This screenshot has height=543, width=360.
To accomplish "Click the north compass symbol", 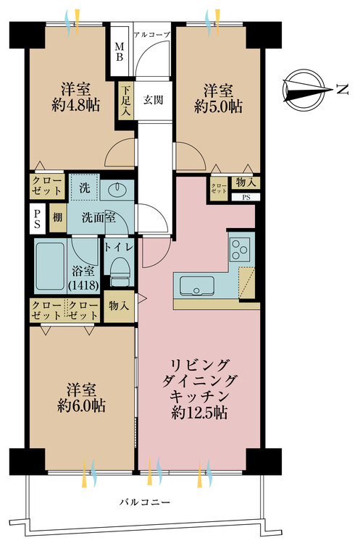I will coord(307,88).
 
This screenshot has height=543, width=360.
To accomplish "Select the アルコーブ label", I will coord(152,34).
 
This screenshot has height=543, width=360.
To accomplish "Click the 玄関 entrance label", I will coord(152,99).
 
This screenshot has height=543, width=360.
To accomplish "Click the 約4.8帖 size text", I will coord(75,106).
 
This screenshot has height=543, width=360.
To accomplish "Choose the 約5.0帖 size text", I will coord(218,106).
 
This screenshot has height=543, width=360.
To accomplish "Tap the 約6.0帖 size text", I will coord(80,406).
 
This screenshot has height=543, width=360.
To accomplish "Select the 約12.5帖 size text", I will coord(200,413).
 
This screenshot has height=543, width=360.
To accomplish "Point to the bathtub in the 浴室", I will coord(55,264).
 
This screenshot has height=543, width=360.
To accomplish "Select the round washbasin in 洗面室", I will coord(117,190).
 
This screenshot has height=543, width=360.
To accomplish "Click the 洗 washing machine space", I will coord(85,187).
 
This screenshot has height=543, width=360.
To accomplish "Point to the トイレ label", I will coord(120,246).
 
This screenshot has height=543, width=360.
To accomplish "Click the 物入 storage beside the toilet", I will coord(119,307).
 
